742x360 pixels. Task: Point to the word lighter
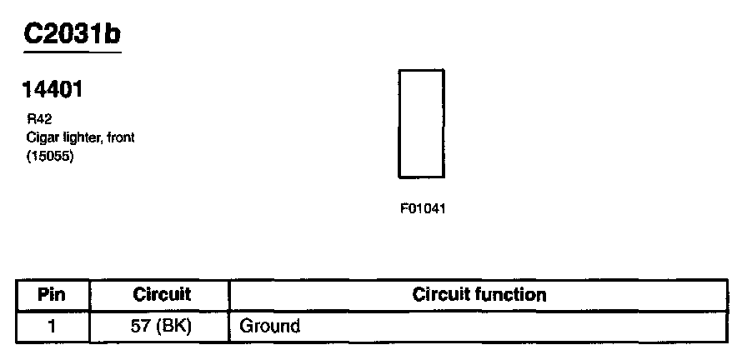coord(78,137)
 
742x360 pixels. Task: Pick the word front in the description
coord(120,137)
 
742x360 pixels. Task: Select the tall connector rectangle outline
coord(421,123)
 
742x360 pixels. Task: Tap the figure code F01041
coord(423,209)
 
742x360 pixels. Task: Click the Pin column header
coord(52,295)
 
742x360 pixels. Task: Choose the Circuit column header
coord(162,295)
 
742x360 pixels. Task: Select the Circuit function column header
coord(479,295)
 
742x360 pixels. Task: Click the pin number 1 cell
coord(52,326)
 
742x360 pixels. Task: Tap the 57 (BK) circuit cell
coord(162,326)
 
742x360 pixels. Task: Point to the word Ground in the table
coord(269,326)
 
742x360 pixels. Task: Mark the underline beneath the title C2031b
coord(73,52)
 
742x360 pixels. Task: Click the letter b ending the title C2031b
coord(113,32)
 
